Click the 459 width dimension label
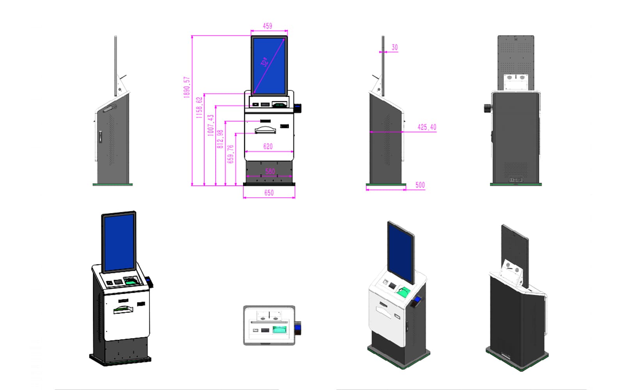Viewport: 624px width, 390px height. click(267, 26)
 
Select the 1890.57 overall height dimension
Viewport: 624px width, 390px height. click(187, 87)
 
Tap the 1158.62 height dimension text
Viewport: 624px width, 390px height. click(199, 108)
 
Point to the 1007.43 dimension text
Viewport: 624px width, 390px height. click(211, 125)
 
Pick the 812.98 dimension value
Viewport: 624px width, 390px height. click(220, 139)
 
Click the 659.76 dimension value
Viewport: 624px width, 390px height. click(230, 154)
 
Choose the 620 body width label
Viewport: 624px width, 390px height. click(268, 146)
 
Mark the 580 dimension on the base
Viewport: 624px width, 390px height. click(270, 171)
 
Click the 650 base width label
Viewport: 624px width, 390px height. click(269, 193)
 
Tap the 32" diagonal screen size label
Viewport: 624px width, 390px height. click(265, 62)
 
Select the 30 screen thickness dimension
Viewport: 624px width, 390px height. click(394, 47)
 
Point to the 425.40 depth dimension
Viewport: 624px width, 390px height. click(427, 127)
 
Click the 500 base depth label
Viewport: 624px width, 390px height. click(420, 185)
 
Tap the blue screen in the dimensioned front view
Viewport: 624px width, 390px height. click(269, 66)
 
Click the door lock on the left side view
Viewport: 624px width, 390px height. click(101, 137)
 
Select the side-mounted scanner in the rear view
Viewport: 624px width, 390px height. click(488, 108)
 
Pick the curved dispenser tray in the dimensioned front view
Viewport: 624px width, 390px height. click(265, 130)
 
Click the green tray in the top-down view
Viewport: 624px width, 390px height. click(279, 330)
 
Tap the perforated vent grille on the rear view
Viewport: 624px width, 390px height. click(516, 169)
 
